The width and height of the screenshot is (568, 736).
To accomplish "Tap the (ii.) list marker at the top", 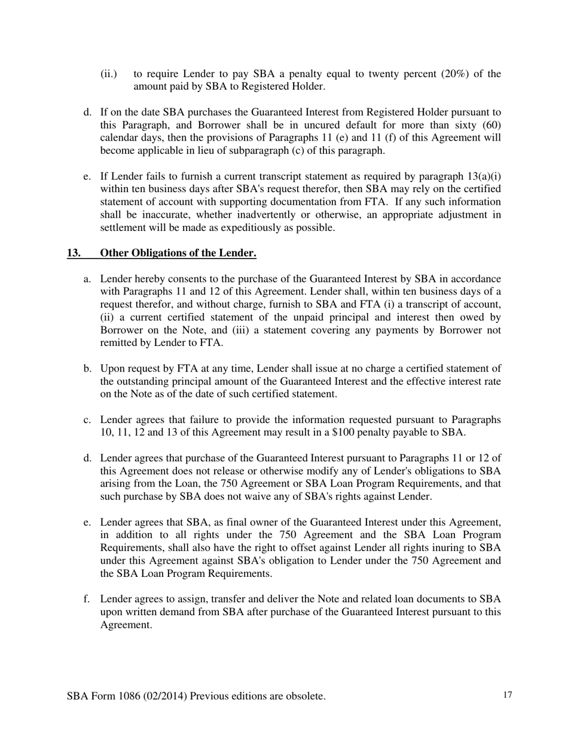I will [108, 74].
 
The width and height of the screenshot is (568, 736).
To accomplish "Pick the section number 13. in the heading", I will [74, 253].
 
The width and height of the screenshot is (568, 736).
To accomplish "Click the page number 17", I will [508, 695].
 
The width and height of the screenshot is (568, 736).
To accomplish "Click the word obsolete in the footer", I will [305, 697].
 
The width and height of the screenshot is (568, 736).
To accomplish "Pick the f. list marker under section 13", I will [87, 599].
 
